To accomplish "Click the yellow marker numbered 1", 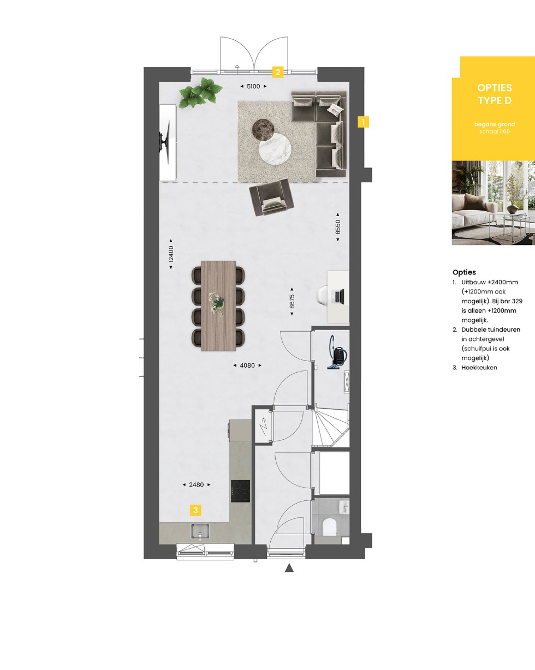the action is tap(363, 122).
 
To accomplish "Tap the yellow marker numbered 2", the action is tap(278, 72).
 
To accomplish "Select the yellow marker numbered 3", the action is tap(195, 510).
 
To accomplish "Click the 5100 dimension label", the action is tap(253, 86).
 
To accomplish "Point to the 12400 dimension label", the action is tap(171, 254).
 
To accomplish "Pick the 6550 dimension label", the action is tap(338, 227).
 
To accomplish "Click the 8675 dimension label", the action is tap(292, 301).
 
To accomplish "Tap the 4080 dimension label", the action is tap(247, 365).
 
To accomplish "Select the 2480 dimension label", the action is tap(197, 484).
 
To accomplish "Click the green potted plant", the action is tap(200, 93).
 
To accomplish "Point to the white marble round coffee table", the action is tap(275, 148).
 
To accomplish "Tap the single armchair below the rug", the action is tap(271, 197).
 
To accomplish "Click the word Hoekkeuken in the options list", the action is tap(479, 367).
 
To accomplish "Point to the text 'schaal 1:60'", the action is tap(495, 131).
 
